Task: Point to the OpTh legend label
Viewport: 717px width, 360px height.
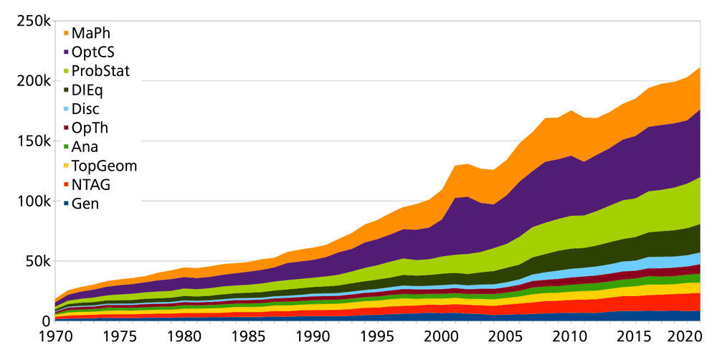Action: (90, 128)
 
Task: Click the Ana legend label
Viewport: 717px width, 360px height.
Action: (85, 147)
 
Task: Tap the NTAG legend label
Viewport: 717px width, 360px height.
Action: (90, 185)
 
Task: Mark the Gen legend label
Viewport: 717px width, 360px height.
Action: (85, 204)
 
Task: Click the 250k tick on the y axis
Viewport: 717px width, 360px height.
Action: (33, 22)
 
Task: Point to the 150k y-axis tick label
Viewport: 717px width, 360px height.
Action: (33, 141)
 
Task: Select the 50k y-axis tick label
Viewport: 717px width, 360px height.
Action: (37, 260)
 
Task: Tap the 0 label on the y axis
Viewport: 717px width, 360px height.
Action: (45, 321)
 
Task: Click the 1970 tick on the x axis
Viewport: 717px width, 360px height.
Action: (54, 336)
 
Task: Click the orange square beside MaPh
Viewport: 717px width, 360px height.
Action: (67, 33)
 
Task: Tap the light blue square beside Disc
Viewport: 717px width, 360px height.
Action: (67, 109)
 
